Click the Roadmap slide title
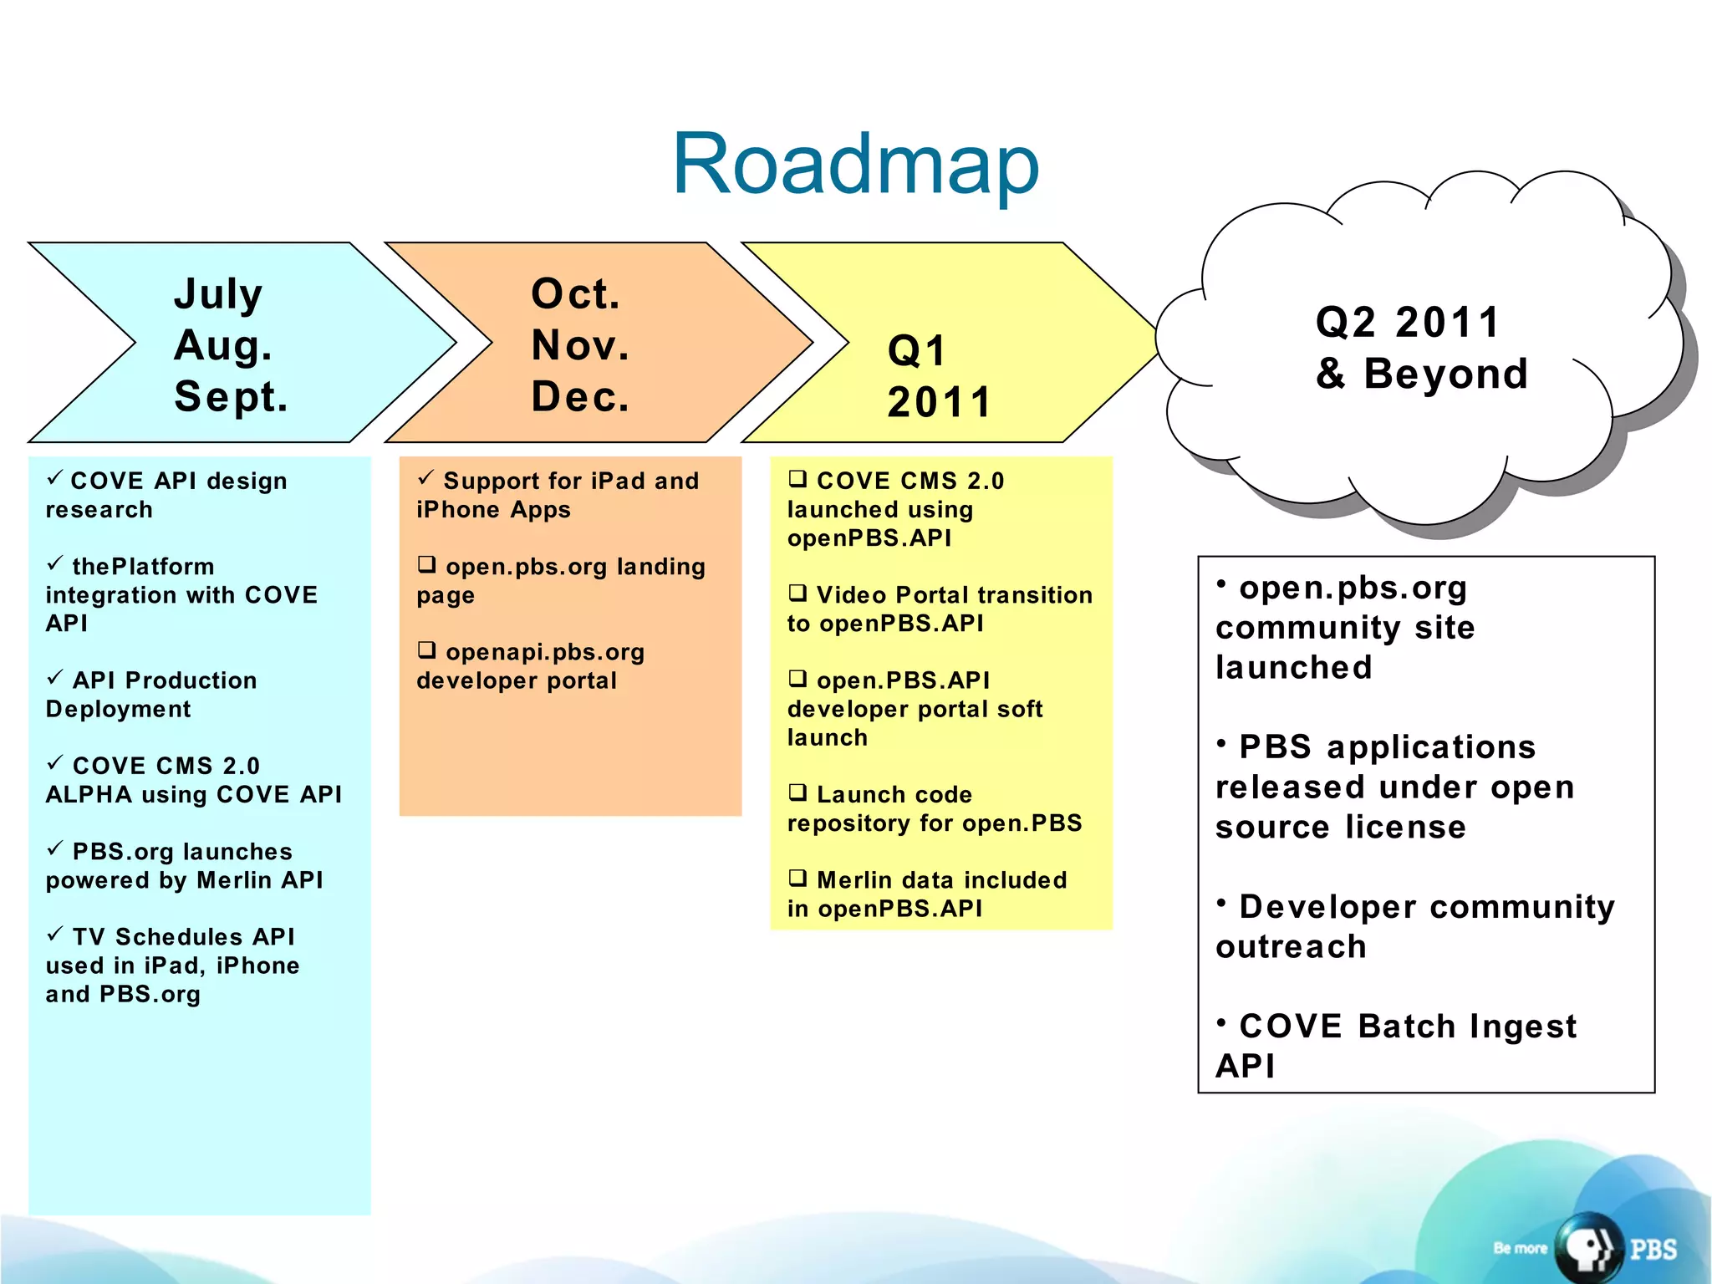coord(855,165)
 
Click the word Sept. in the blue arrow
coord(231,397)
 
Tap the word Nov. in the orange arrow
coord(579,345)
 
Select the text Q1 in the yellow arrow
coord(917,351)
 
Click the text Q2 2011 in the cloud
coord(1408,323)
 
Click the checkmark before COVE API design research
coord(55,478)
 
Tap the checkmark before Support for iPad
coord(425,478)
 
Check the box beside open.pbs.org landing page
coord(427,565)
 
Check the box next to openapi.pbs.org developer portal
coord(427,650)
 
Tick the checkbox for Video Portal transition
coord(797,594)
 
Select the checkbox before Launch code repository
coord(797,792)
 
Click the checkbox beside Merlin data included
coord(797,878)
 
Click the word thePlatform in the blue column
coord(143,567)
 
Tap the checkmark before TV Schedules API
coord(55,934)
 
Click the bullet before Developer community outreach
coord(1221,903)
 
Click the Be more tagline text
coord(1520,1248)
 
